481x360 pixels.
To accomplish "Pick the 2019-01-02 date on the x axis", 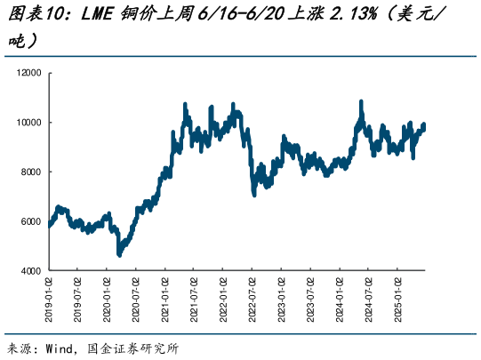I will click(49, 300).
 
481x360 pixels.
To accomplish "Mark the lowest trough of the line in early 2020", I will click(119, 254).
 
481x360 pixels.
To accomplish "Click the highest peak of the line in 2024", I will click(361, 102).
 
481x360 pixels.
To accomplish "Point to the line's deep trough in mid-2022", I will click(254, 193).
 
